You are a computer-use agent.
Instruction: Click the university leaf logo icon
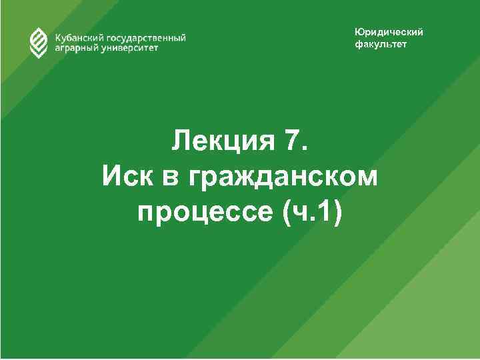point(39,43)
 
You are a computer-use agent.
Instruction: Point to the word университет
point(130,49)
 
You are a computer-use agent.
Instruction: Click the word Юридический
point(388,33)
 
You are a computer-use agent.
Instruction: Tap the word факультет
point(380,45)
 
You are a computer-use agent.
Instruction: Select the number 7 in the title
point(294,141)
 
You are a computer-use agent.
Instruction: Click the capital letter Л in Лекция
point(181,141)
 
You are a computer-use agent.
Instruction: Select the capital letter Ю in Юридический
point(359,33)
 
